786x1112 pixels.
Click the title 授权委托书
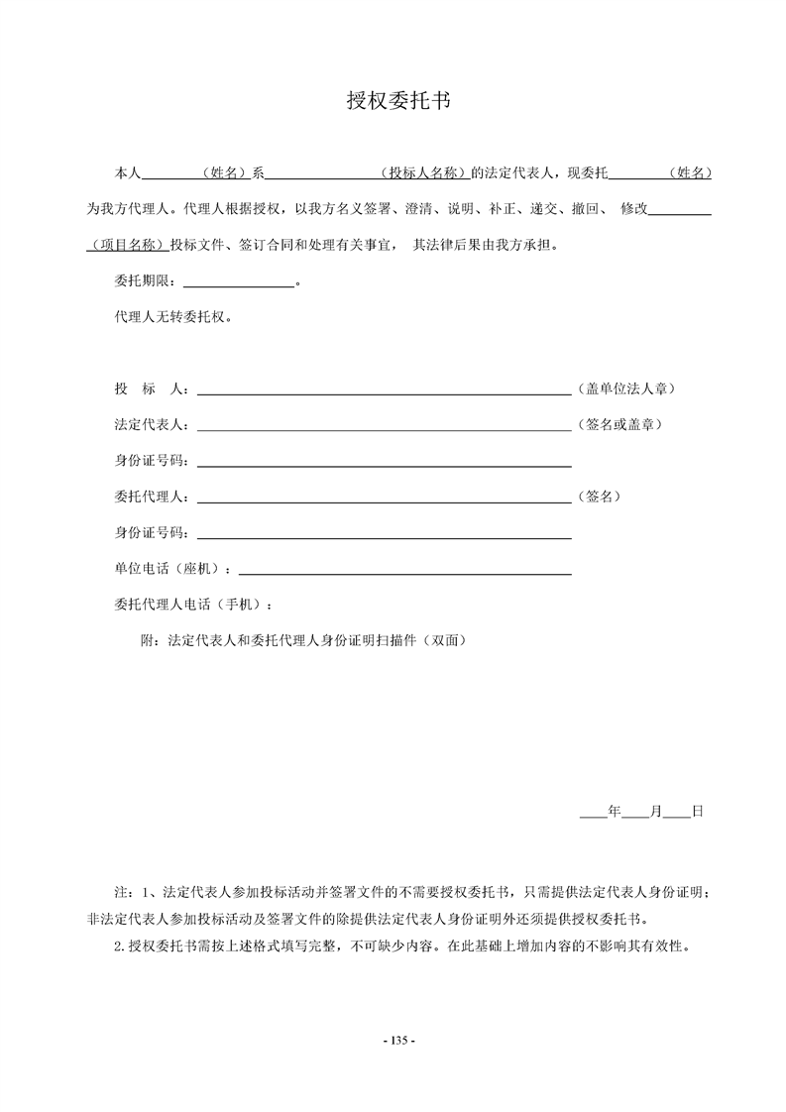pyautogui.click(x=393, y=101)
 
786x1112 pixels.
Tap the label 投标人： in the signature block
pyautogui.click(x=154, y=389)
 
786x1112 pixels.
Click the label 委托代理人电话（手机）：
pyautogui.click(x=193, y=605)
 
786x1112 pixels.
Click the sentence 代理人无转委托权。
pyautogui.click(x=174, y=318)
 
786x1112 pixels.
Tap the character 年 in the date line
pyautogui.click(x=614, y=811)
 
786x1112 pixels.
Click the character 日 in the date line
pyautogui.click(x=697, y=811)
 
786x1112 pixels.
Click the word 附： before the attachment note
pyautogui.click(x=155, y=640)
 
